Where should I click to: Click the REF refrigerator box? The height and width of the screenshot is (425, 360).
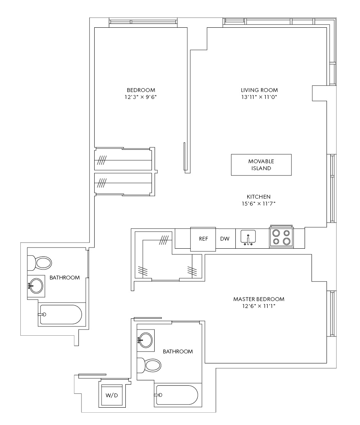tap(203, 239)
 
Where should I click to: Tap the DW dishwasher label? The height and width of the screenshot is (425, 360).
tap(225, 239)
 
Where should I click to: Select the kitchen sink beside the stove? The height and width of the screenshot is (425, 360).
tap(248, 238)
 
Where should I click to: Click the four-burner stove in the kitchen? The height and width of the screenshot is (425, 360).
tap(281, 236)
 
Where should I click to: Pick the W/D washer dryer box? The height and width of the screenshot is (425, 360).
tap(112, 395)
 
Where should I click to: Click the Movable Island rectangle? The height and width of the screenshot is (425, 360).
tap(261, 165)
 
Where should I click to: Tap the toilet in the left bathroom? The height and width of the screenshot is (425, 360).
tap(40, 263)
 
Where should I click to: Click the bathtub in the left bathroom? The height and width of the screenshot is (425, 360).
tap(61, 315)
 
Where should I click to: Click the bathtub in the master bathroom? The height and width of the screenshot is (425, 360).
tap(177, 395)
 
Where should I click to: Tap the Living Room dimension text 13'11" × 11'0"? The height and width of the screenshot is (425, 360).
tap(259, 97)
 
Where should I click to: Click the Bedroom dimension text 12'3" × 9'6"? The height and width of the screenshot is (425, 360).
tap(141, 97)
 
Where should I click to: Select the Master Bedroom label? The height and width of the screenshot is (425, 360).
tap(259, 299)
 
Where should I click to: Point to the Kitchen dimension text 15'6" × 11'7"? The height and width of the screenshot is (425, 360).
tap(258, 204)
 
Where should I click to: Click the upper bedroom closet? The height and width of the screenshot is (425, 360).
tap(123, 159)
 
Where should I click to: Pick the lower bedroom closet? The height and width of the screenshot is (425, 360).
tap(123, 184)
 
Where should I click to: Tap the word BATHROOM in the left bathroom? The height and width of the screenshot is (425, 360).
tap(65, 278)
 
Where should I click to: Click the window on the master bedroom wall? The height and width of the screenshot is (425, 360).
tap(332, 314)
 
